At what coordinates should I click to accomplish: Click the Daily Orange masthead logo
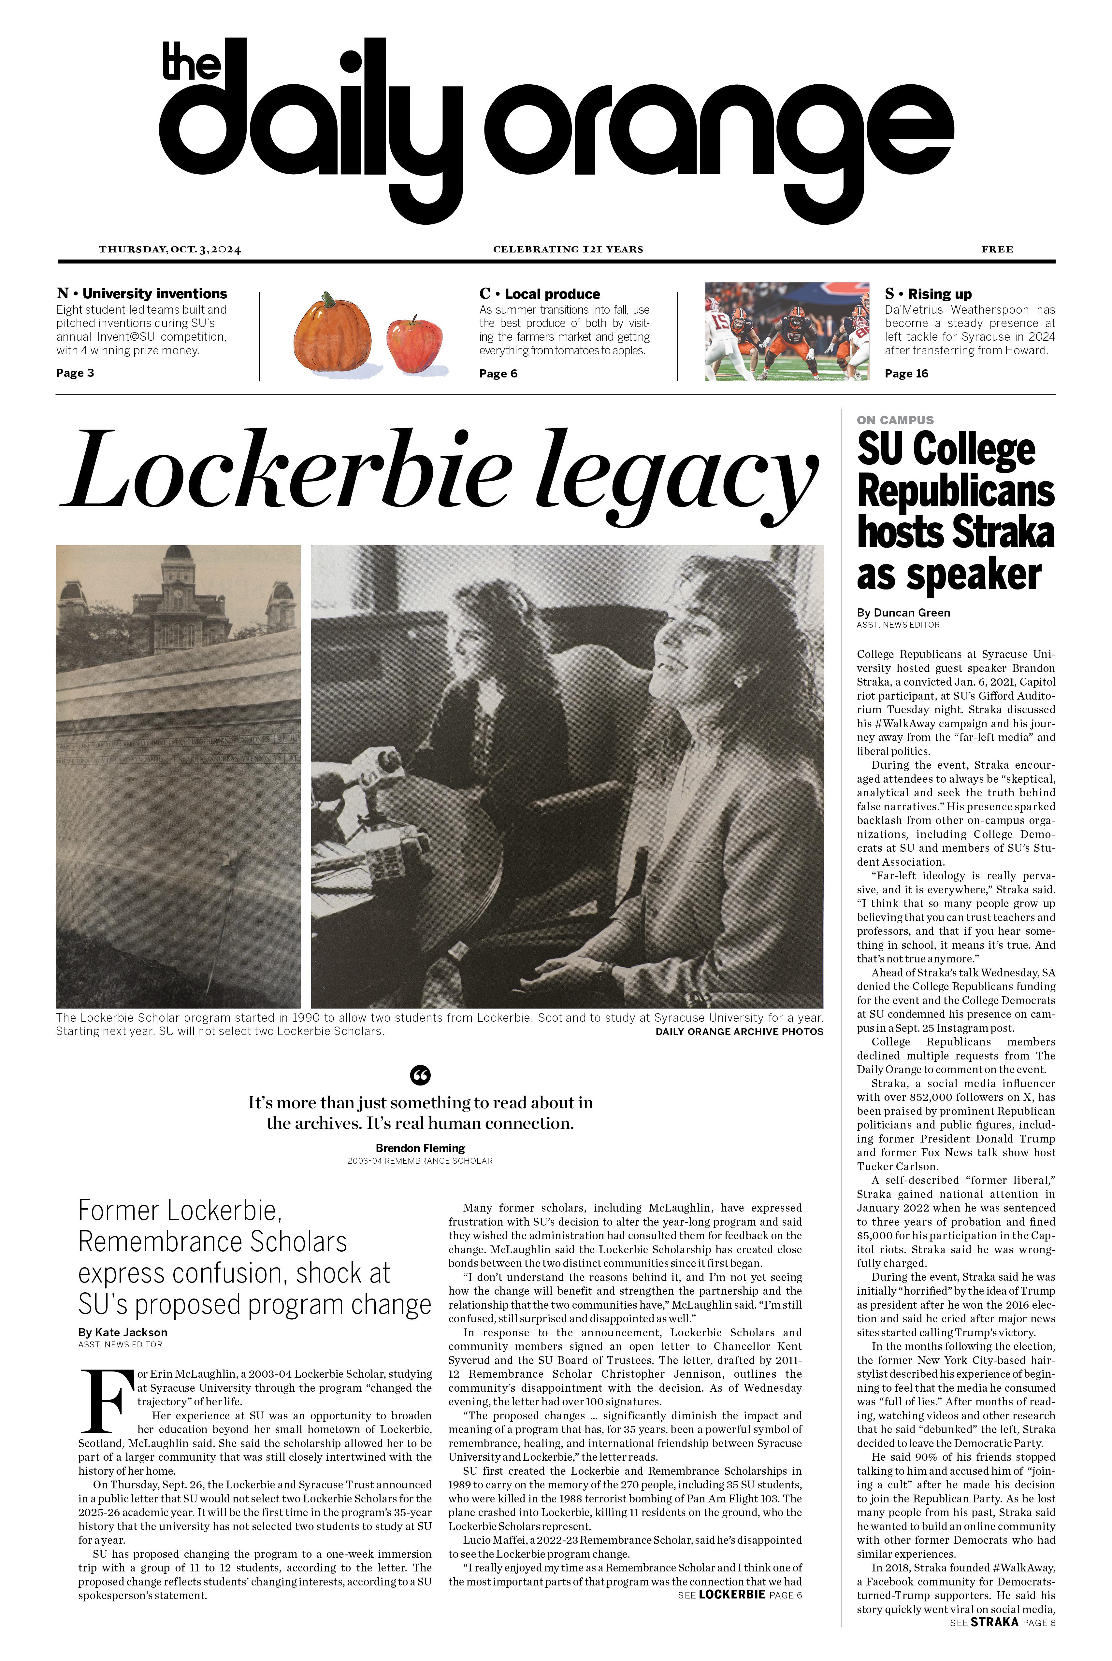click(x=557, y=131)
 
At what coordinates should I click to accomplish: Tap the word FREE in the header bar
click(x=996, y=249)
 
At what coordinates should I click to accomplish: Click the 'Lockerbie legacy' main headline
click(x=440, y=472)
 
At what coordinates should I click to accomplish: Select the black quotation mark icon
click(x=421, y=1075)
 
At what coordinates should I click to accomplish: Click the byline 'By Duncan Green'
click(x=903, y=613)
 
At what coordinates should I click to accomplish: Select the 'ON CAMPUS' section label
click(x=895, y=420)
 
